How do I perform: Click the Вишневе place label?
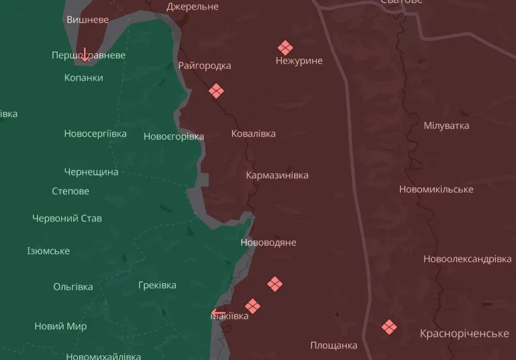tap(87, 20)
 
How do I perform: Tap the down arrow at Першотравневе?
tap(85, 55)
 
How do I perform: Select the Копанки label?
tap(84, 78)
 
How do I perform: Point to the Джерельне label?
tap(192, 7)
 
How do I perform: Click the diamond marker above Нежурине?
tap(285, 48)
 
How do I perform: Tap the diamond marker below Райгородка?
tap(216, 91)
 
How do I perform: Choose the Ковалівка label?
tap(254, 134)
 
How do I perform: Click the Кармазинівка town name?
tap(277, 175)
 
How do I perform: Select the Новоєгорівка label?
tap(173, 137)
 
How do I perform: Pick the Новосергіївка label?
tap(95, 134)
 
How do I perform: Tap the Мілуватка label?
tap(447, 125)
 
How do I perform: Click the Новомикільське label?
tap(436, 189)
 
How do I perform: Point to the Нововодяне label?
tap(268, 242)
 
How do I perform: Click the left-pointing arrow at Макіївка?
tap(219, 313)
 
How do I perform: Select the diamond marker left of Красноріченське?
tap(389, 327)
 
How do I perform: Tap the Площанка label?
tap(334, 345)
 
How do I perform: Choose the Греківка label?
tap(157, 285)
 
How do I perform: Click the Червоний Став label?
tap(67, 218)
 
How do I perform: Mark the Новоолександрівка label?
tap(467, 259)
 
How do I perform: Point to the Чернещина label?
tap(91, 172)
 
